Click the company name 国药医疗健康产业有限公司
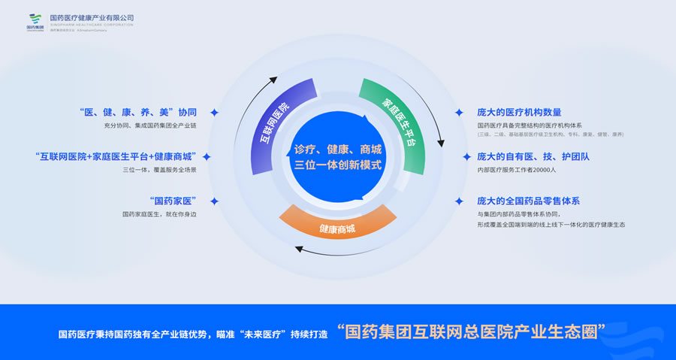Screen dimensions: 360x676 [x=91, y=17]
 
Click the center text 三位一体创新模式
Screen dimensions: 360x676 [x=338, y=165]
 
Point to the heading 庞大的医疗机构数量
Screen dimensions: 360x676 [x=519, y=112]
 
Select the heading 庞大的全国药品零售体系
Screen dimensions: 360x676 [x=528, y=201]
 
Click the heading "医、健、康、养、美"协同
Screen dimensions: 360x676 [x=137, y=112]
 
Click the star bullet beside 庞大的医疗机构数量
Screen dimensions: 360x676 [x=459, y=112]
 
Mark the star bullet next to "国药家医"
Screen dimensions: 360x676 [x=214, y=201]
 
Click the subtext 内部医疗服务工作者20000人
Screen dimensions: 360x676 [x=516, y=171]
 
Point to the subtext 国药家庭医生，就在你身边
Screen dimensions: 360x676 [x=158, y=215]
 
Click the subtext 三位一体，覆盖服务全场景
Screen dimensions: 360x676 [x=158, y=171]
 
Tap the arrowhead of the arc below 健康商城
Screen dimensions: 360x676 [x=299, y=250]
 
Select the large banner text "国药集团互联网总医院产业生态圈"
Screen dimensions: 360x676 [x=472, y=331]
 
